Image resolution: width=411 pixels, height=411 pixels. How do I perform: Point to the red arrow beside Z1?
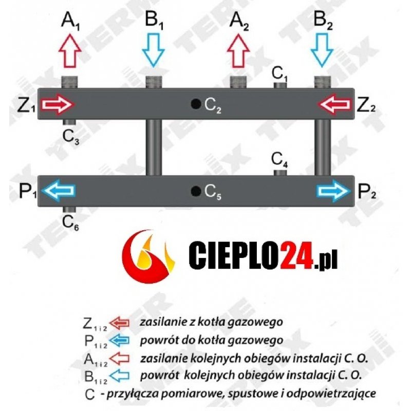tap(58, 105)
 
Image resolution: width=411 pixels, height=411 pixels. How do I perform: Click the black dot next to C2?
tap(195, 104)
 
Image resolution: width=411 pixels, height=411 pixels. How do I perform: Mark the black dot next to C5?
tap(195, 191)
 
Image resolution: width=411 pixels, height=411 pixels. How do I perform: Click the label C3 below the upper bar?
tap(71, 137)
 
